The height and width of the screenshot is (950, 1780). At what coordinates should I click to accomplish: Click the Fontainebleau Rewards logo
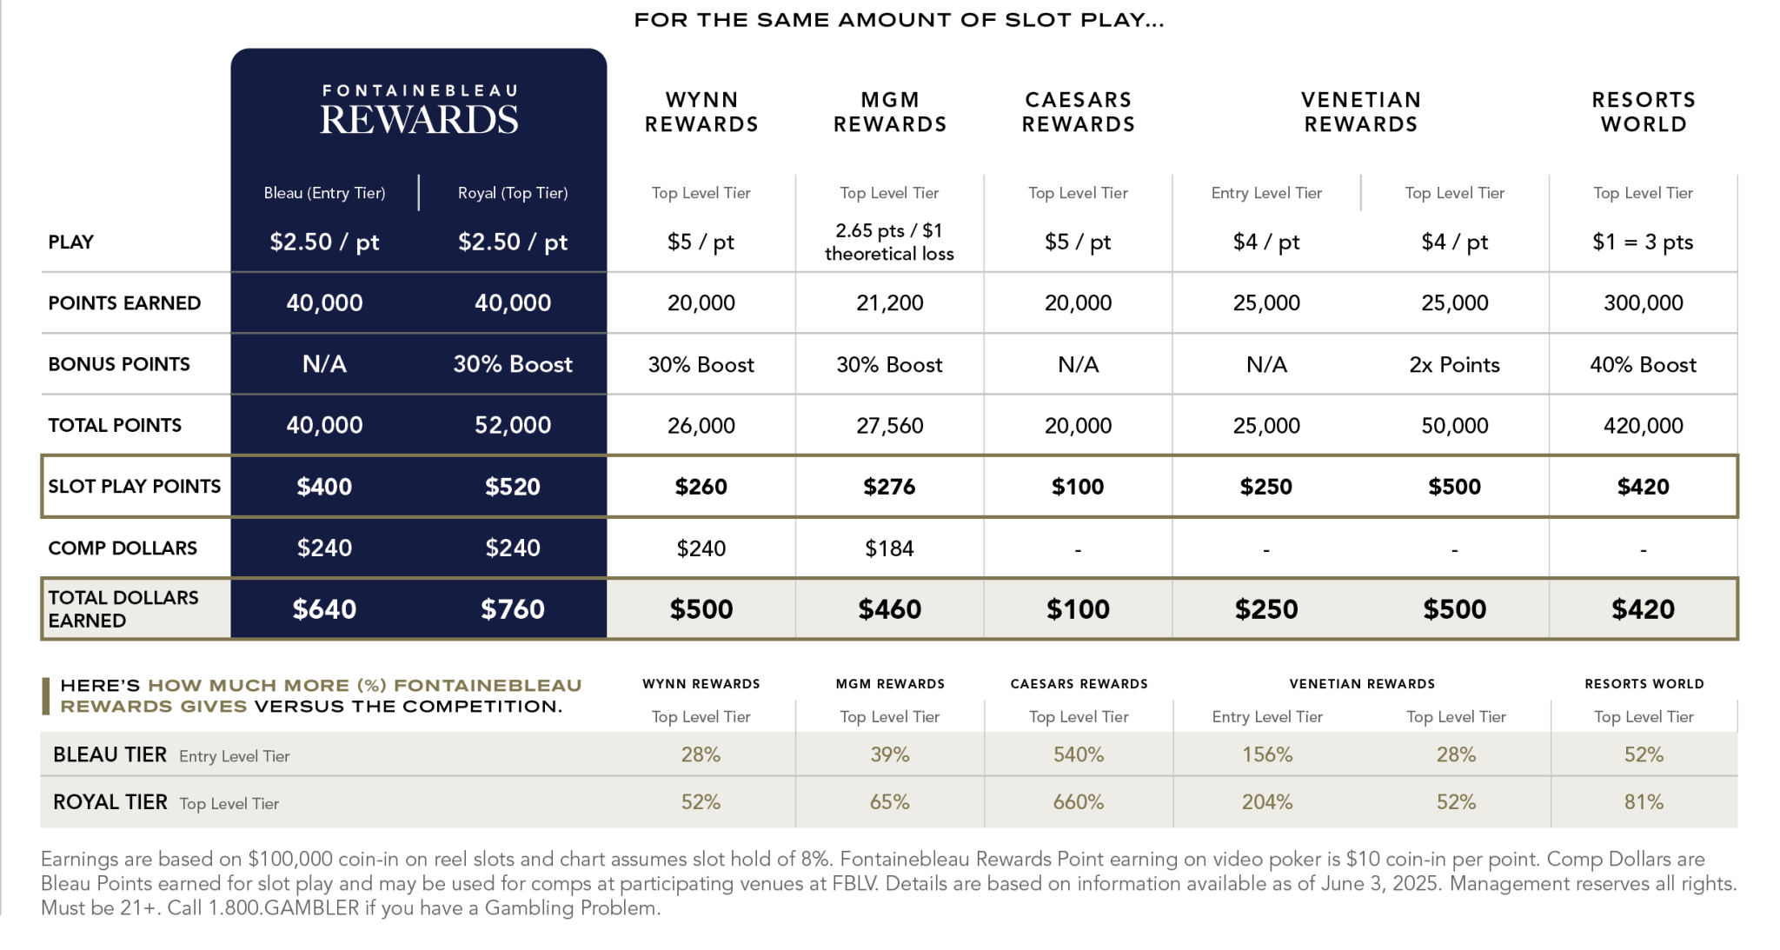coord(419,110)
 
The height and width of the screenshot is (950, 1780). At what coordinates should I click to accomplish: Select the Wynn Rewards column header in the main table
coord(701,112)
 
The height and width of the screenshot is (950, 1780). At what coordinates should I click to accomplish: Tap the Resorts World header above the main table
coord(1643,112)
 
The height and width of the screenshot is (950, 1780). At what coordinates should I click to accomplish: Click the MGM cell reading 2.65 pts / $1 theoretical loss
coord(889,242)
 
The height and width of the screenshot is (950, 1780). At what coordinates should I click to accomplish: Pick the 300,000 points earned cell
coord(1643,302)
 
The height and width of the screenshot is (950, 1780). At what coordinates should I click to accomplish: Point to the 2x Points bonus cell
coord(1454,364)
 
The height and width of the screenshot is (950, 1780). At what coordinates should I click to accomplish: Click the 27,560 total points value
coord(889,425)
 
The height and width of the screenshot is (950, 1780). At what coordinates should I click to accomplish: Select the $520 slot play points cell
coord(513,487)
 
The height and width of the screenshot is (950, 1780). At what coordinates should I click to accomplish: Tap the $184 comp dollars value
coord(889,548)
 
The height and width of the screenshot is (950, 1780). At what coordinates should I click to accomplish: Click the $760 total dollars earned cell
coord(513,609)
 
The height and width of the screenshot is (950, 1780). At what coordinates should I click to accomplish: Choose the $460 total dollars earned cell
coord(889,609)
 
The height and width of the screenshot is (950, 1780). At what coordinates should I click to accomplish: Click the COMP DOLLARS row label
coord(123,548)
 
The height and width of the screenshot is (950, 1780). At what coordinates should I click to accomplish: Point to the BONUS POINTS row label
coord(119,364)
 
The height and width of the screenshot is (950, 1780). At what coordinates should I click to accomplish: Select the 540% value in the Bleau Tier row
coord(1079,754)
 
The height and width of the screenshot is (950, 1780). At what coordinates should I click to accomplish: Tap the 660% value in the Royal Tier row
coord(1079,802)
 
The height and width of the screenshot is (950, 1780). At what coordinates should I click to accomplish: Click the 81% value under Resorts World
coord(1644,802)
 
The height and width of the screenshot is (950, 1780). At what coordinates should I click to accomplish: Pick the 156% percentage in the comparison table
coord(1267,754)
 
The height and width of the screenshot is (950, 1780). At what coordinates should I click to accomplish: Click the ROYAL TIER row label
coord(110,802)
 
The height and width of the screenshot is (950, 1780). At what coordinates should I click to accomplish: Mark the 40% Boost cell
coord(1643,364)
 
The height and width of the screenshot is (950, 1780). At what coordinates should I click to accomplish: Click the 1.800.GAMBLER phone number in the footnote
coord(283,908)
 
